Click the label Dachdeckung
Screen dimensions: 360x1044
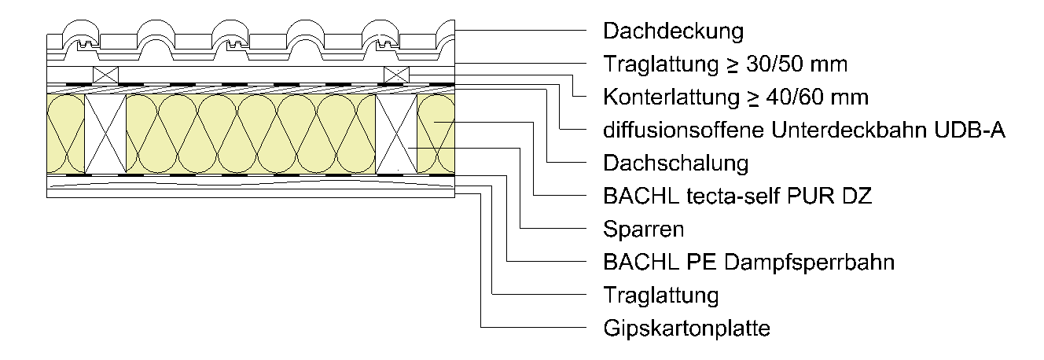click(x=673, y=31)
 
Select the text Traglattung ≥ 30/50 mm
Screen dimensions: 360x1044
click(x=725, y=64)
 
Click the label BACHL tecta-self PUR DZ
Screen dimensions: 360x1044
click(x=737, y=197)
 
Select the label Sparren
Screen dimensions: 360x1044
click(x=643, y=230)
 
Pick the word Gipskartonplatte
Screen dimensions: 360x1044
click(x=686, y=329)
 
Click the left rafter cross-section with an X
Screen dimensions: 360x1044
click(x=105, y=134)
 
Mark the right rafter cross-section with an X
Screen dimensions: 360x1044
click(x=396, y=134)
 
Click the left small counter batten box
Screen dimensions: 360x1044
click(x=105, y=75)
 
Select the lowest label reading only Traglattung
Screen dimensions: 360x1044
click(x=661, y=296)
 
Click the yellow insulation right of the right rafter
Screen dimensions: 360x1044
click(x=436, y=134)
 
